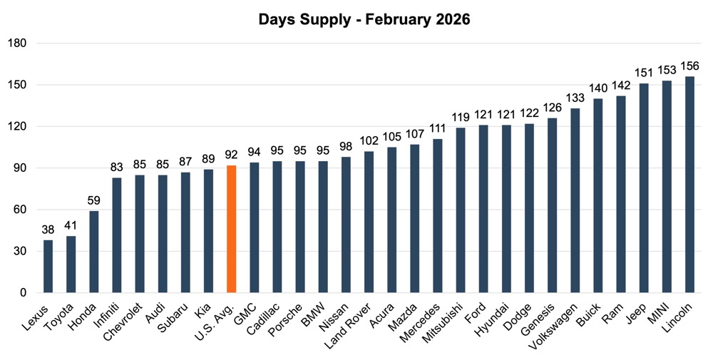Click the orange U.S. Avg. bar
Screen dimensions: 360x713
click(231, 229)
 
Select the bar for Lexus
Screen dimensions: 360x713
click(48, 267)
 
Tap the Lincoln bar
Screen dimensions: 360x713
click(689, 185)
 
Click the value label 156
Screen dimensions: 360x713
click(689, 66)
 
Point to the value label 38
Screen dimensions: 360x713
click(48, 230)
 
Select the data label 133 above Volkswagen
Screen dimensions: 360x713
click(575, 98)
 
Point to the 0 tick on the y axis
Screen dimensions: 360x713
click(23, 293)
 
